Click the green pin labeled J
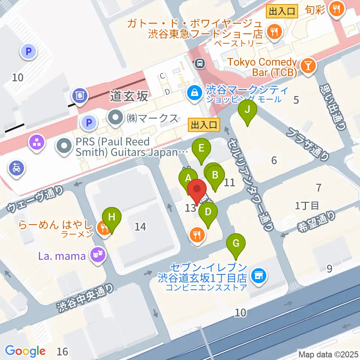tap(247, 111)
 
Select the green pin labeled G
tap(236, 244)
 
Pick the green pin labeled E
tap(201, 148)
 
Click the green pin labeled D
tap(208, 213)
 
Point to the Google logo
tap(25, 351)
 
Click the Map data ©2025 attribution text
tap(328, 354)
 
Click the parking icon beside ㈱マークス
tap(88, 122)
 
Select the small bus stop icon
tap(200, 63)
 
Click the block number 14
tap(140, 226)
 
